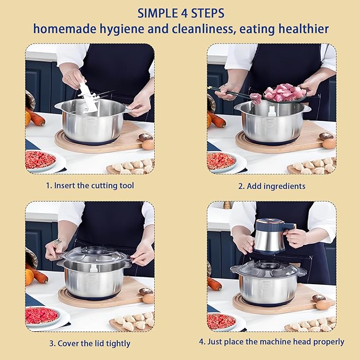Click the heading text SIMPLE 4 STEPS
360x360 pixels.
180,12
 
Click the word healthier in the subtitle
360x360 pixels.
303,29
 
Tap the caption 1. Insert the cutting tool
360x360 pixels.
90,186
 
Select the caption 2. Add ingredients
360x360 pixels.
271,186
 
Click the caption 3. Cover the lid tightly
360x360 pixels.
90,343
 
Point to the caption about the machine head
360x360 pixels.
271,342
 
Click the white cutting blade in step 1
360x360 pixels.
87,98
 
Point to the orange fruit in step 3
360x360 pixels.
30,277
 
